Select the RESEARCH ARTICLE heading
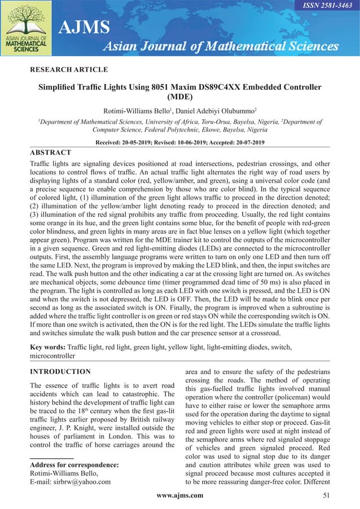coord(68,69)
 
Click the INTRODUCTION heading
coord(60,371)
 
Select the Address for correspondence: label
coord(73,465)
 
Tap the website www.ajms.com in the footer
coord(179,495)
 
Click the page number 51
coord(325,495)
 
